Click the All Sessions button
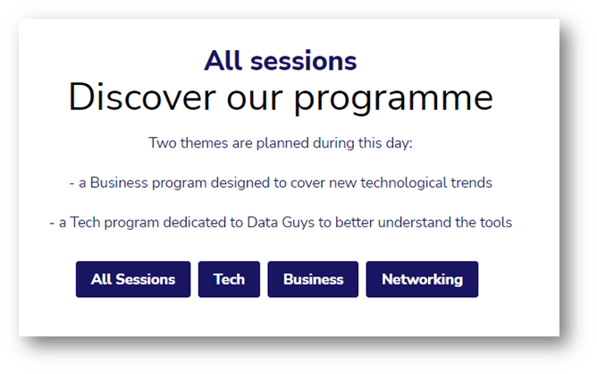pyautogui.click(x=133, y=279)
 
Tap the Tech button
pyautogui.click(x=229, y=279)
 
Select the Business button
pyautogui.click(x=313, y=279)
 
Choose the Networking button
pyautogui.click(x=422, y=279)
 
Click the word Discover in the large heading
pyautogui.click(x=142, y=97)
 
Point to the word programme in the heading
pyautogui.click(x=394, y=98)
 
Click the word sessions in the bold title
pyautogui.click(x=304, y=61)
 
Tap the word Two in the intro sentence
pyautogui.click(x=163, y=143)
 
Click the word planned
pyautogui.click(x=282, y=144)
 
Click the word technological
pyautogui.click(x=404, y=183)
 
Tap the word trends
pyautogui.click(x=471, y=183)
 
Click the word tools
pyautogui.click(x=496, y=222)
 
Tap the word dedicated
pyautogui.click(x=195, y=222)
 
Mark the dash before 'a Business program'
pyautogui.click(x=71, y=183)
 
